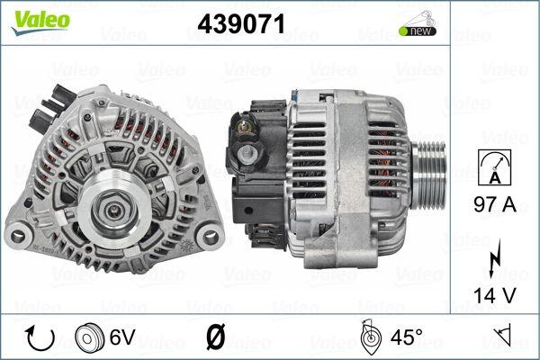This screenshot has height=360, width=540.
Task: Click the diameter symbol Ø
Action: [x=215, y=338]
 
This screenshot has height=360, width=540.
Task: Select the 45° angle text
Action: [x=406, y=338]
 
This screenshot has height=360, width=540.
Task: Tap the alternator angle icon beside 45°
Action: [x=368, y=337]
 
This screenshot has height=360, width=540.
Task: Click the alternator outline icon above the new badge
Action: [x=417, y=18]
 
